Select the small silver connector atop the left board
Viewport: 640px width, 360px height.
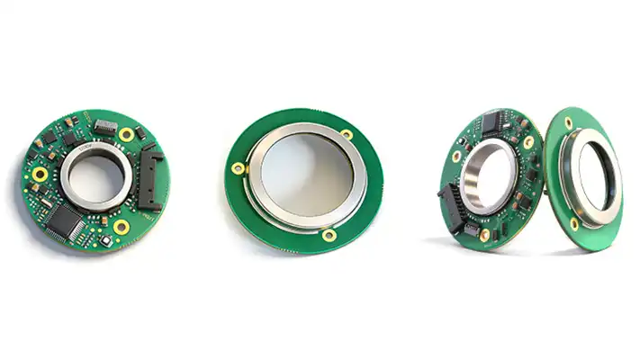pos(105,125)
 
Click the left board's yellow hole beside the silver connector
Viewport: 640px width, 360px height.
pos(127,135)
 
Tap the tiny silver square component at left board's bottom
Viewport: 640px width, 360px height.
pos(105,241)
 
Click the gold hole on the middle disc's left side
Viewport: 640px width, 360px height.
pos(238,167)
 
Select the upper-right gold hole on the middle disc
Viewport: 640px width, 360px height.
pos(347,134)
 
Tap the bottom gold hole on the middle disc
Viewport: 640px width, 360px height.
pos(330,235)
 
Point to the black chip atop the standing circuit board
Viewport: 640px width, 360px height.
pos(493,124)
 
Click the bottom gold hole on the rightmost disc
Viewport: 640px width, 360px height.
pos(574,224)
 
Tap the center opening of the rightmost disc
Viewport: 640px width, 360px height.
pos(598,171)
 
